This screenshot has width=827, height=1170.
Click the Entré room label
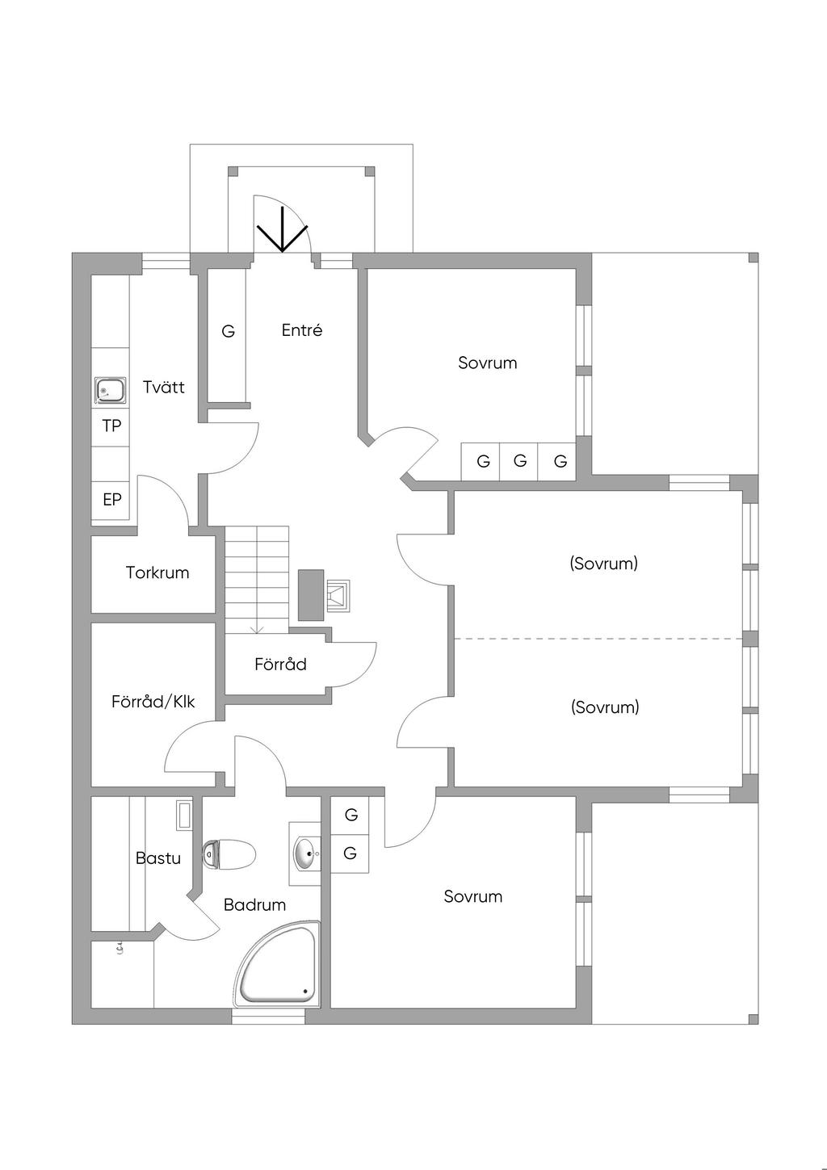point(302,330)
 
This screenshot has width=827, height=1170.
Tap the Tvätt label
point(164,388)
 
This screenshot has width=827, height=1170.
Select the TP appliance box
point(111,426)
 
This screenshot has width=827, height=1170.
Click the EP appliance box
point(112,500)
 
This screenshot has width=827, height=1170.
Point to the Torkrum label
point(157,573)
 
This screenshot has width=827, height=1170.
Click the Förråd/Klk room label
point(153,702)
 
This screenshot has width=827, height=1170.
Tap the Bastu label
point(158,858)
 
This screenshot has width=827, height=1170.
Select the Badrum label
point(254,905)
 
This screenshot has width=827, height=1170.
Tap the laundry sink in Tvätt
point(110,391)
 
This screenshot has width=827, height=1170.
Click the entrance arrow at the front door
point(283,230)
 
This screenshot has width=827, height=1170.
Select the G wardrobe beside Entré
point(229,332)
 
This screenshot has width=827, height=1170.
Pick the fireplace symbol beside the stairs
point(338,595)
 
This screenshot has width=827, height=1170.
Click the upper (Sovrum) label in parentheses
point(604,564)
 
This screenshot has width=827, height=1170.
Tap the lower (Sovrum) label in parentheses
point(605,707)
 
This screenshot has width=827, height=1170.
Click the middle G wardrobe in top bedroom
point(520,462)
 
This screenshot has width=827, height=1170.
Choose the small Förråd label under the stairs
point(280,665)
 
